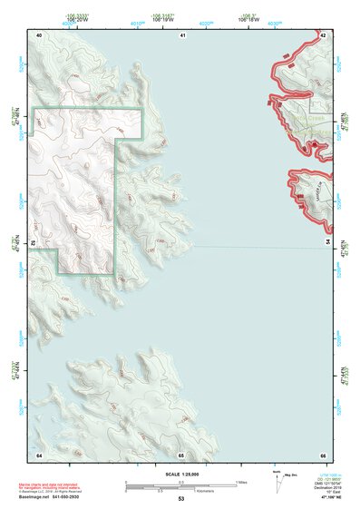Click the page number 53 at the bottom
180,498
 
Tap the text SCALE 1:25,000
180,474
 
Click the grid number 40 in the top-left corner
39,34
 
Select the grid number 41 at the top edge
181,34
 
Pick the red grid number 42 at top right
323,34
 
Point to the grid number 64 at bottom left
39,454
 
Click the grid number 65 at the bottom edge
181,454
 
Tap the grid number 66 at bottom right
322,454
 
